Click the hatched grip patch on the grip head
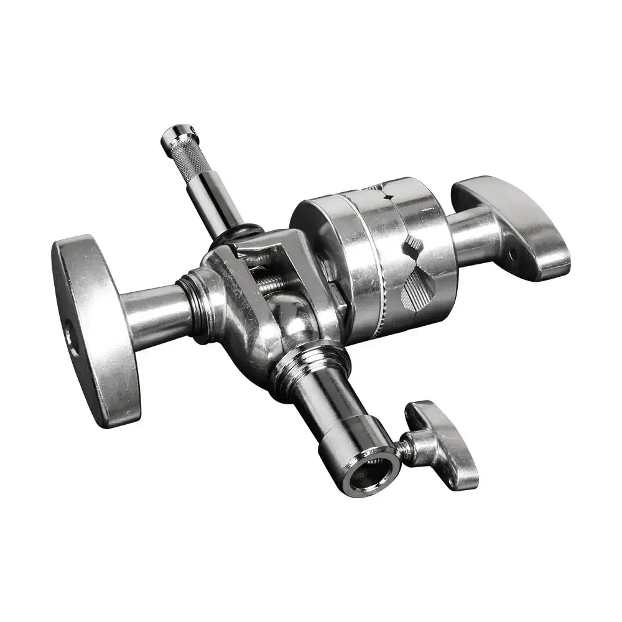point(415,289)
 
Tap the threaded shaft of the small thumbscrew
point(407,448)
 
